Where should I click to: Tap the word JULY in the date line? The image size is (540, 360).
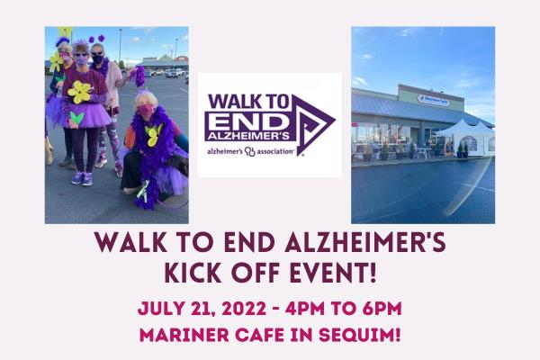pos(158,309)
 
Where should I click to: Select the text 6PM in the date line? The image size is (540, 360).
pos(379,309)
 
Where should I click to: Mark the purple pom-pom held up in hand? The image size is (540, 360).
pos(139,76)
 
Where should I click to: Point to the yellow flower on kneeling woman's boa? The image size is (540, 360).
pos(153,134)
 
